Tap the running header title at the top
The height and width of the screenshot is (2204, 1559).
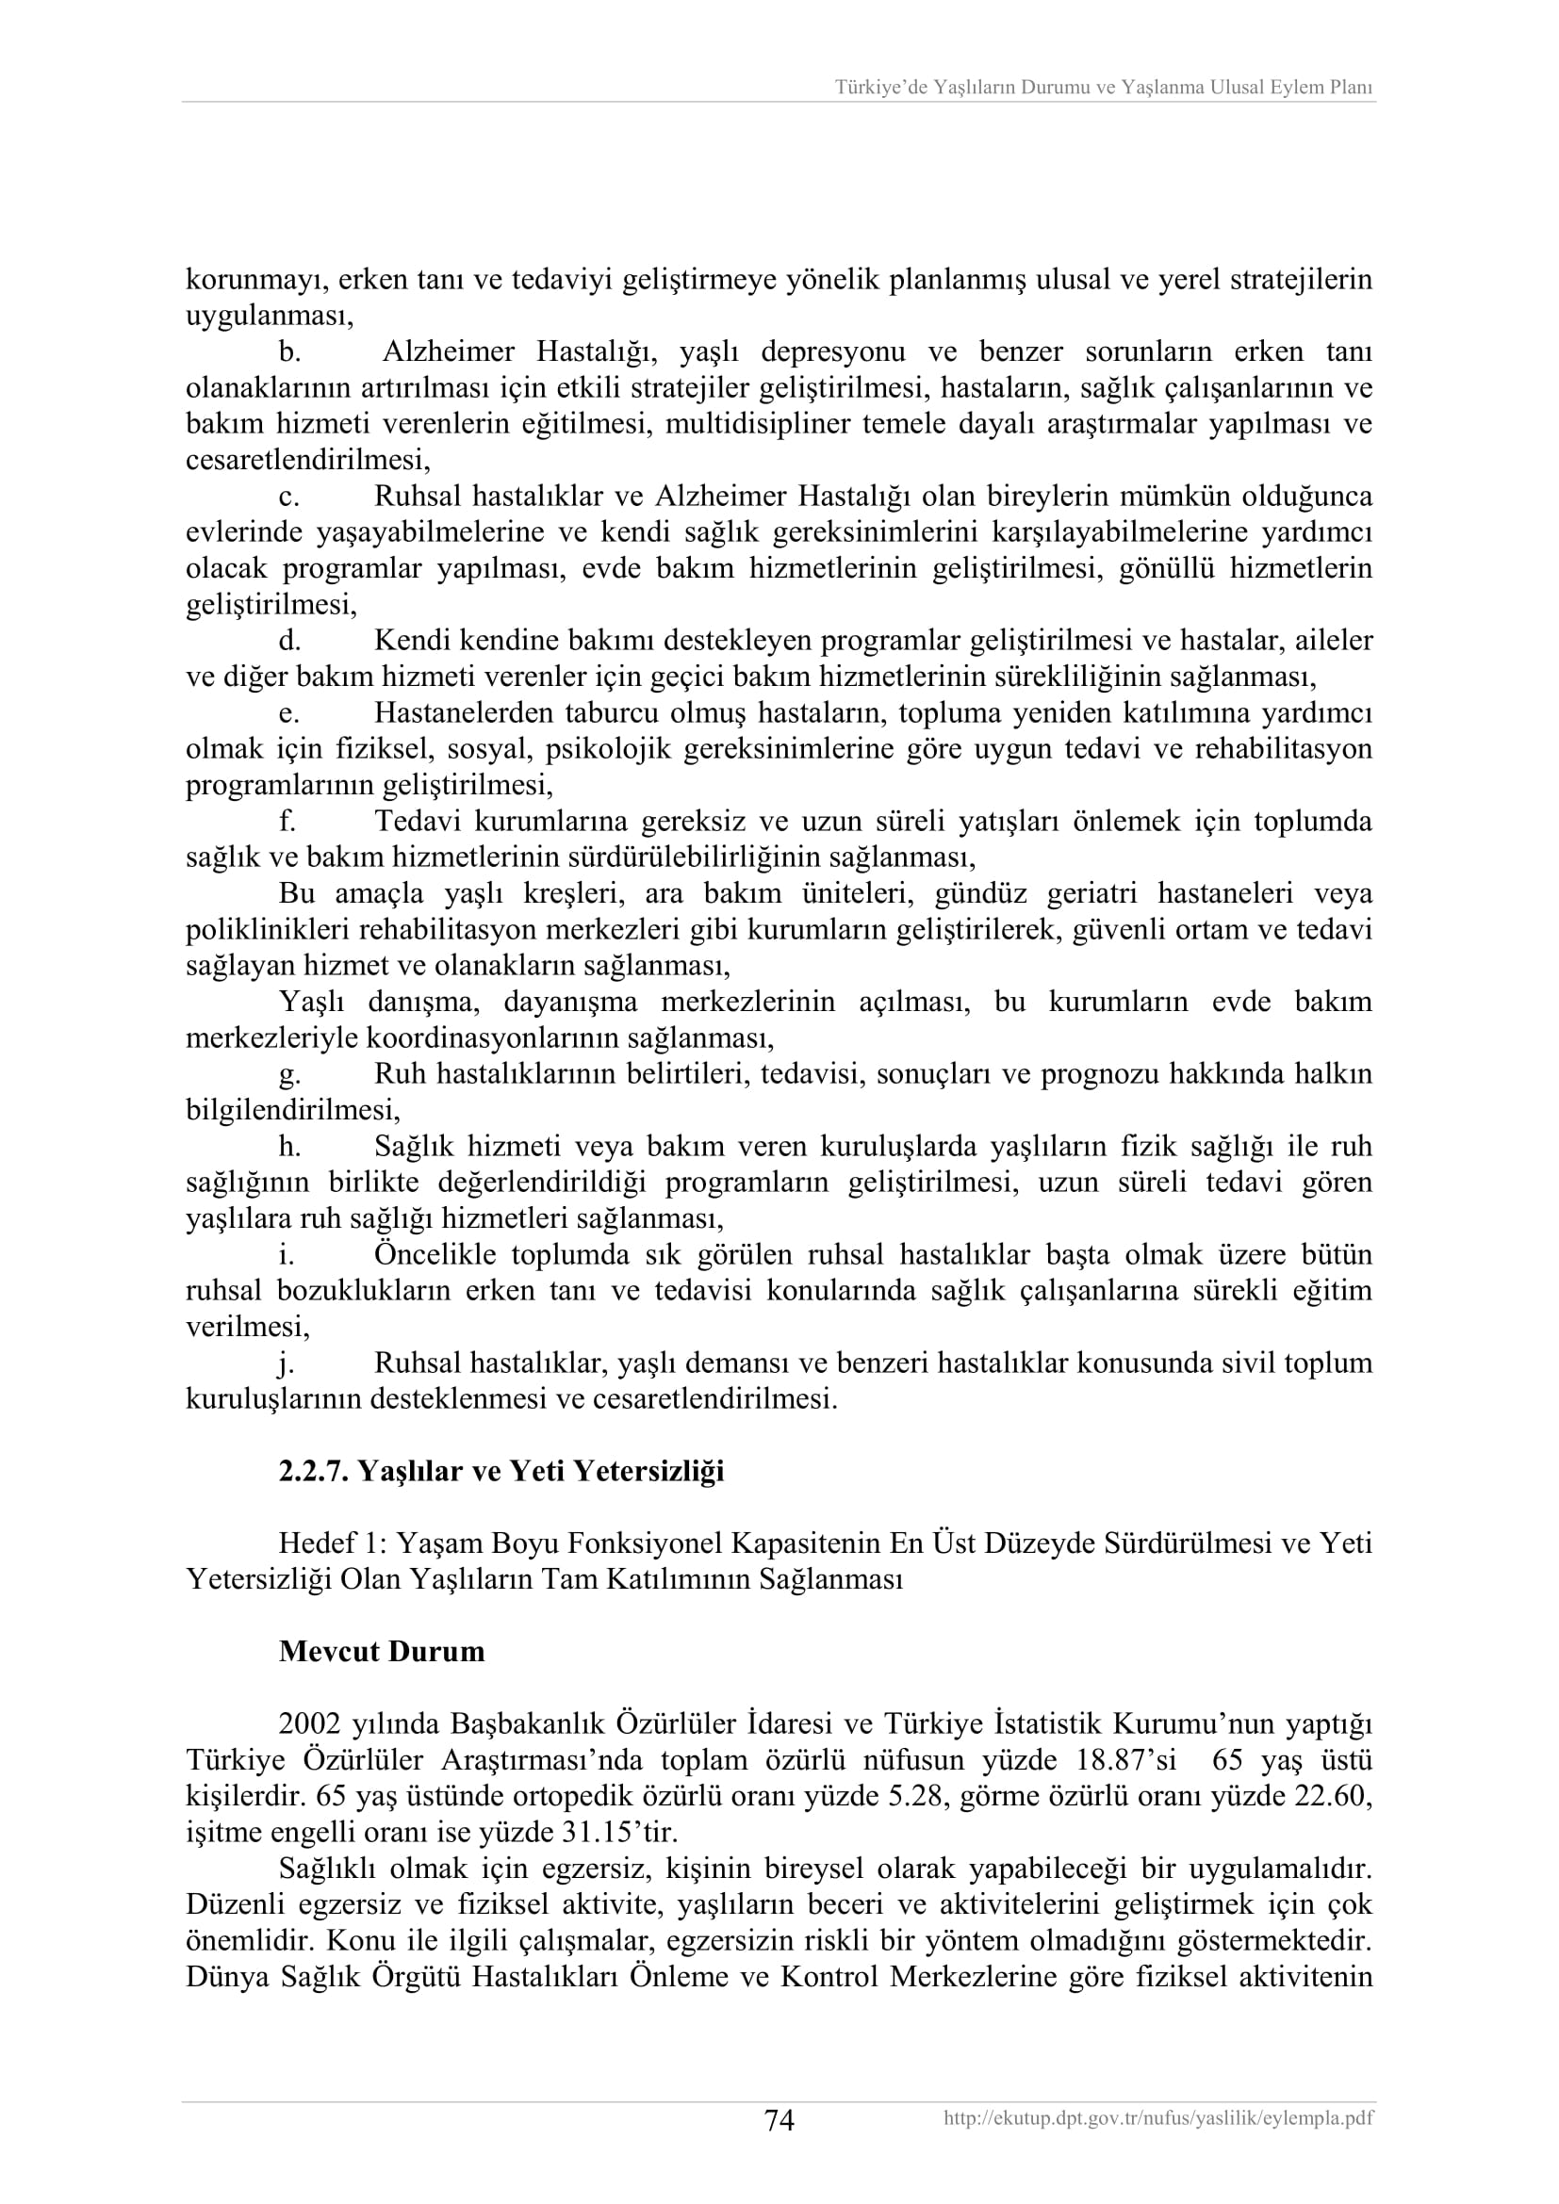(1103, 88)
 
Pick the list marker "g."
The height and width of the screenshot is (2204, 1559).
(290, 1074)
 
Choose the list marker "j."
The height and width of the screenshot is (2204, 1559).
(287, 1363)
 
